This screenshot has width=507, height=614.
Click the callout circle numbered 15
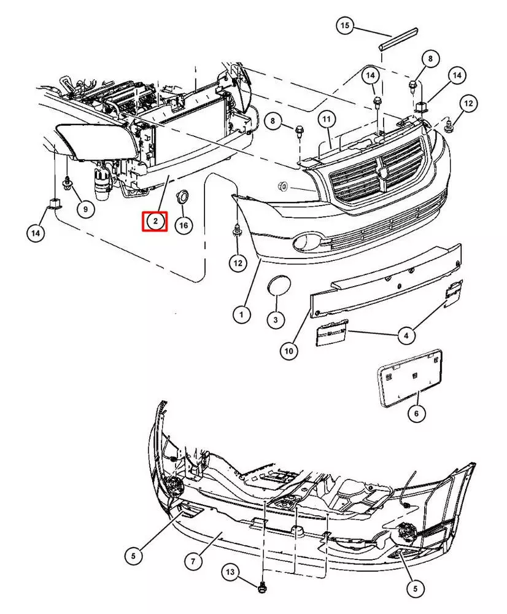345,26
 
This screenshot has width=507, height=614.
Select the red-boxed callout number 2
155,221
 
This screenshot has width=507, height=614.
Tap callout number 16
183,225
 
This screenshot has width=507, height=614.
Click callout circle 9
85,209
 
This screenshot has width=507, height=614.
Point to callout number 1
241,315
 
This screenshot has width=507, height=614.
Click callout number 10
289,351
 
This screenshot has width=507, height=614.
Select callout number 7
192,561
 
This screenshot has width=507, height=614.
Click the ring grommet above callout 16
182,196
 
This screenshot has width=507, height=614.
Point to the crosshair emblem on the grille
383,170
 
